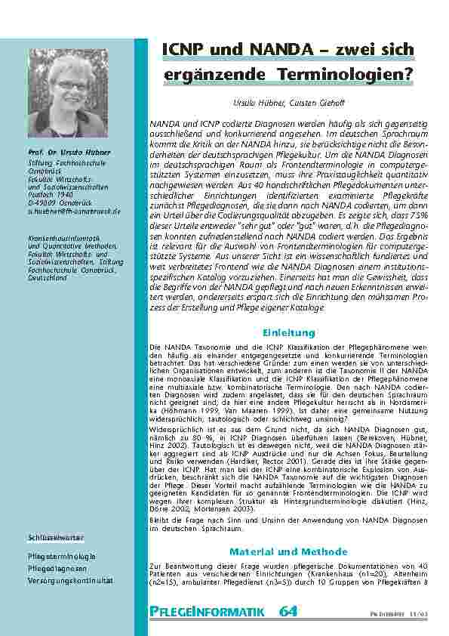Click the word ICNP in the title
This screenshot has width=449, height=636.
185,51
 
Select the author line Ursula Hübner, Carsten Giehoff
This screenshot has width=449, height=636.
288,101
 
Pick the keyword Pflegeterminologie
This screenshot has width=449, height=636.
62,557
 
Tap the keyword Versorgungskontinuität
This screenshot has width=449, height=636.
70,581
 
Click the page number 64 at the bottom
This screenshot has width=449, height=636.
288,611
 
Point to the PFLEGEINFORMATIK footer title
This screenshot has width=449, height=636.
207,612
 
